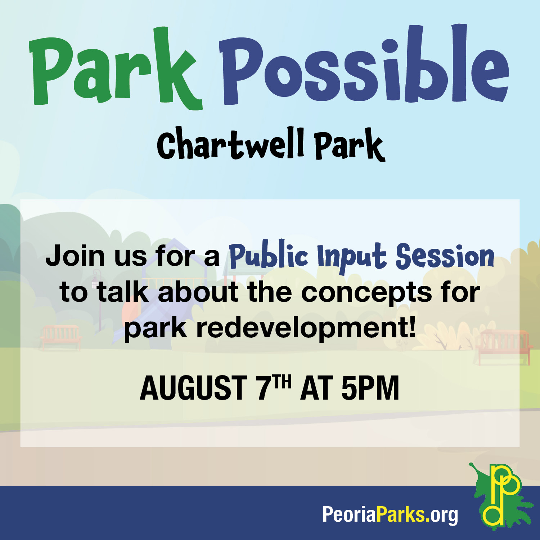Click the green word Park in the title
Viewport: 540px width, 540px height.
(115, 68)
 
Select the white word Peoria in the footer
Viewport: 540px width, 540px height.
(349, 514)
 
